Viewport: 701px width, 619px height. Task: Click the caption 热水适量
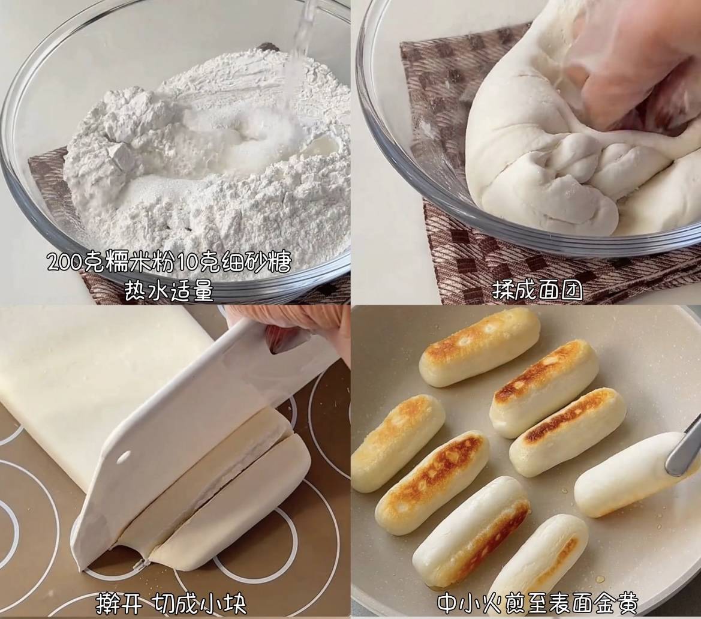point(169,291)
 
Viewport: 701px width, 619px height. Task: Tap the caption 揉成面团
point(538,290)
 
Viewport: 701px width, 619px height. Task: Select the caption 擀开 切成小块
point(172,604)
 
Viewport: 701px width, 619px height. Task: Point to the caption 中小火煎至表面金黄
point(537,603)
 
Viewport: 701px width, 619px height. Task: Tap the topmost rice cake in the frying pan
point(480,347)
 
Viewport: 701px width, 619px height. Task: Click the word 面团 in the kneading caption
point(561,290)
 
